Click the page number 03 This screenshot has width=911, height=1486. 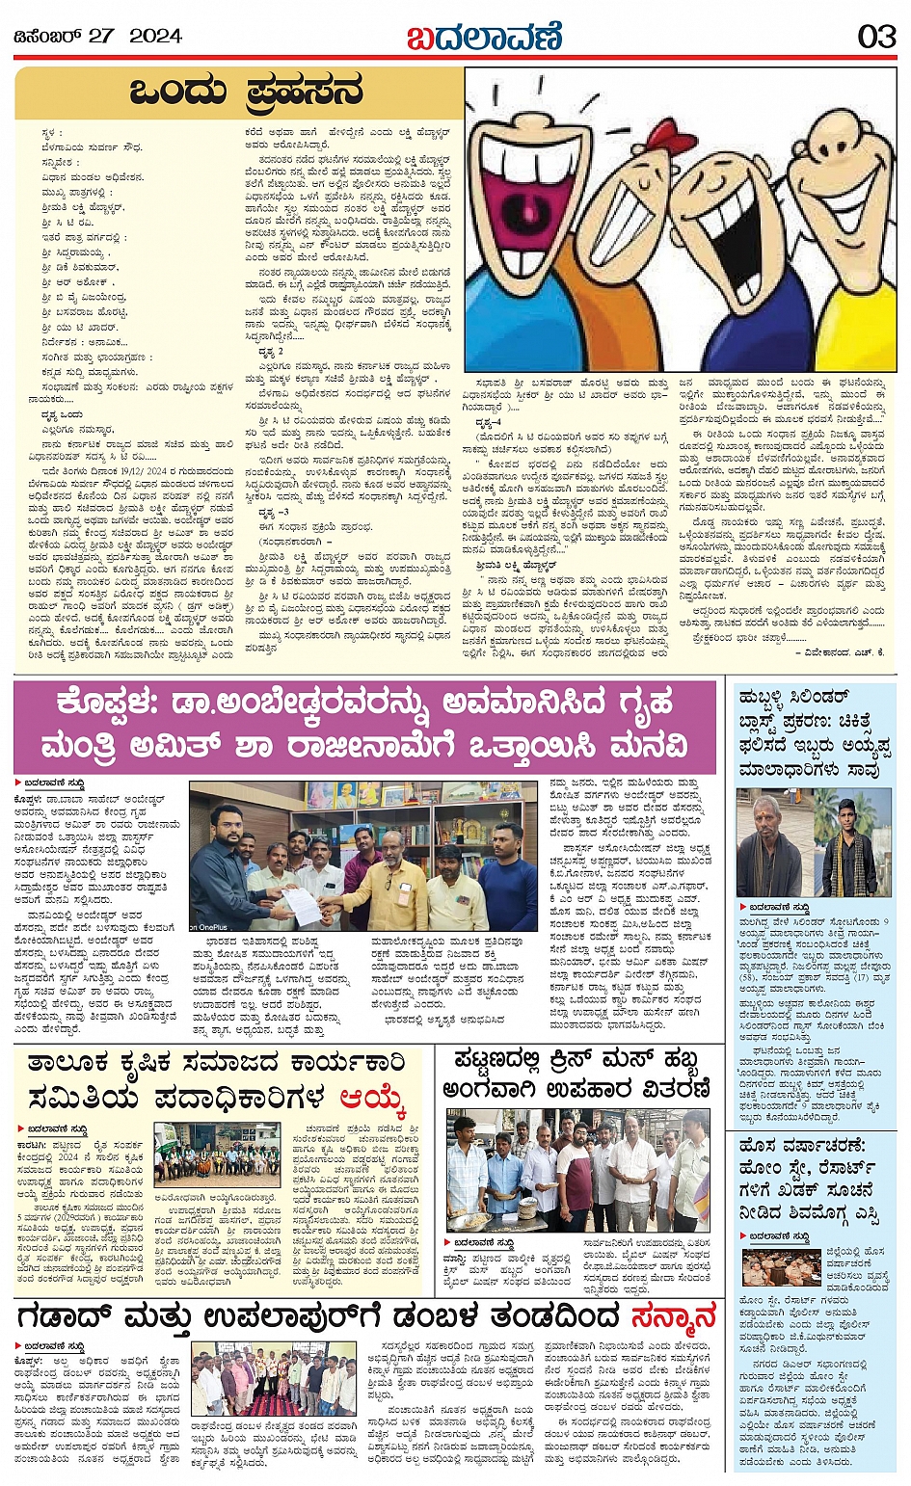point(876,37)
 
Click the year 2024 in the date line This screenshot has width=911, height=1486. point(155,37)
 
